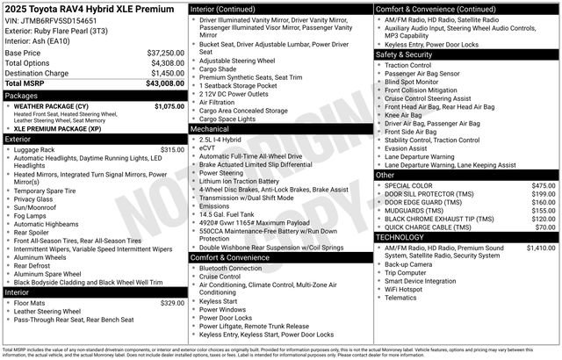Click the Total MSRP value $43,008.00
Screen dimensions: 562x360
[x=164, y=83]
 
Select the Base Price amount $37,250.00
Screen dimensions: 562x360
[x=164, y=53]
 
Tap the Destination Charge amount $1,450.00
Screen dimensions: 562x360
[x=165, y=73]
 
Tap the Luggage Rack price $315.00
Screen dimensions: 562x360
[x=172, y=150]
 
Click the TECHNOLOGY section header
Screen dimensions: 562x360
[x=406, y=237]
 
